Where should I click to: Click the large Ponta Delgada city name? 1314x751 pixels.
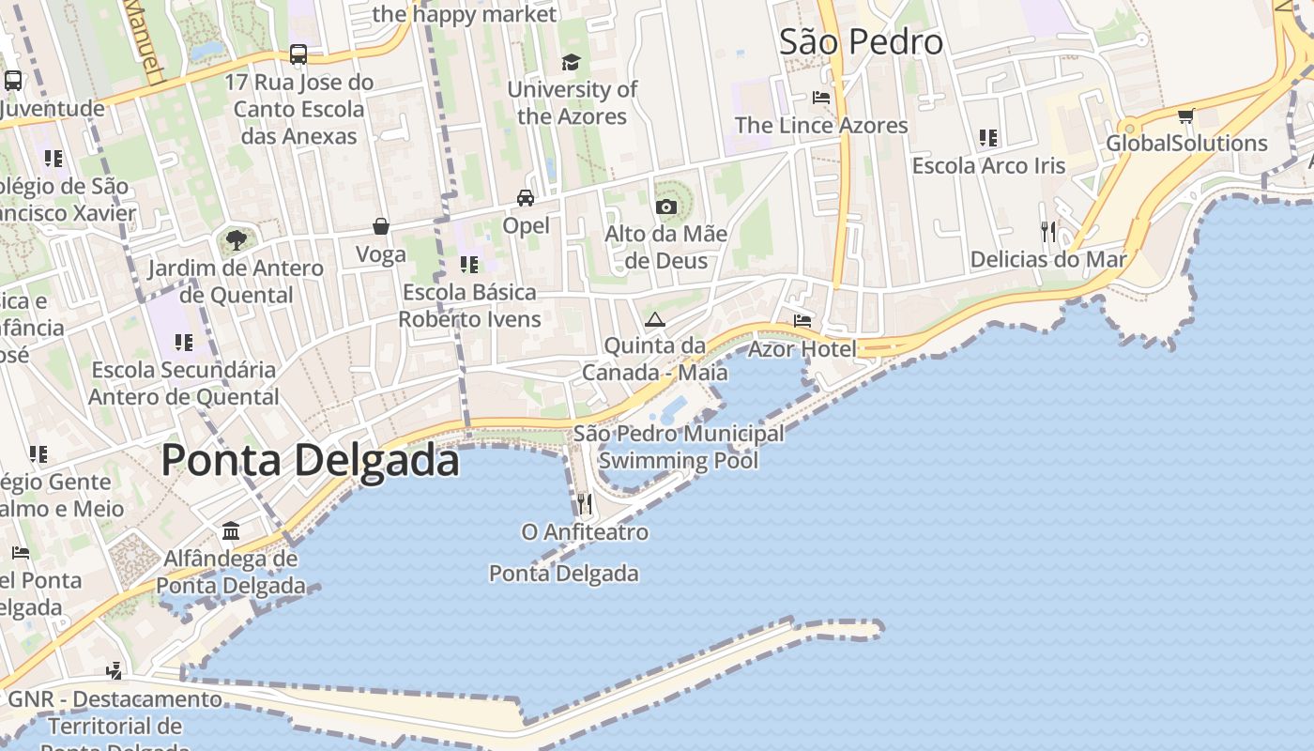pos(311,461)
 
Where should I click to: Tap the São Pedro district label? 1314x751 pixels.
pos(861,42)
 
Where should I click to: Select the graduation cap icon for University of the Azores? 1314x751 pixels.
pos(571,63)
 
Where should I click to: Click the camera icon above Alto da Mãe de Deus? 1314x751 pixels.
pos(666,207)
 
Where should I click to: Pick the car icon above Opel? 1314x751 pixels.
pos(526,198)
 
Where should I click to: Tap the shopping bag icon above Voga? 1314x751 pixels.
pos(381,226)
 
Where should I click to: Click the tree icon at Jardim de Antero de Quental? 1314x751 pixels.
pos(237,240)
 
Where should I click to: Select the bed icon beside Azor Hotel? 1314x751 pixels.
pos(802,321)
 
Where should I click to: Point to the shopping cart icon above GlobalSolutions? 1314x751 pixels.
pos(1185,116)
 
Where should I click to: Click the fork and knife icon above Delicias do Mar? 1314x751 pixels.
pos(1048,231)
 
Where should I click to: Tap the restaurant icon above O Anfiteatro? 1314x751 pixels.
pos(585,505)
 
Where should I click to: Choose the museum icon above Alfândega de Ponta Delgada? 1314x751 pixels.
pos(231,531)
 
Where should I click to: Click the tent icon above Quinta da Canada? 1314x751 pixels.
pos(654,319)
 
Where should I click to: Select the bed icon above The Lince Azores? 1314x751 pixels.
pos(821,98)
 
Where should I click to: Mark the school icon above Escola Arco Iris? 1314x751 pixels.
pos(988,139)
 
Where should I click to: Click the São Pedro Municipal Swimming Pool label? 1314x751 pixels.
pos(679,447)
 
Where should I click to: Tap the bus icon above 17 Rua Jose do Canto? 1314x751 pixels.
pos(298,54)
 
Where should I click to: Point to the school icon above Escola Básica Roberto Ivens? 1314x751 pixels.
pos(469,265)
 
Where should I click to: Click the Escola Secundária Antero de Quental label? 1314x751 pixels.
pos(184,383)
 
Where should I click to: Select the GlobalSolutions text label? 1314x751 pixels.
pos(1186,144)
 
